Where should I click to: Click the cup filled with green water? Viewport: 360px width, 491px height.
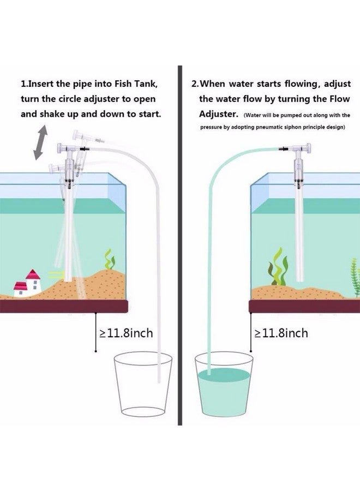(x=223, y=388)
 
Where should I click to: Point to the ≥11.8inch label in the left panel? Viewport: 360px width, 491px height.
(x=125, y=332)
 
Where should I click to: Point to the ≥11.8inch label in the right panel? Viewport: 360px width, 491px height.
(x=280, y=332)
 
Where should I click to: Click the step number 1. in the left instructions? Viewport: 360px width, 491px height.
(x=25, y=85)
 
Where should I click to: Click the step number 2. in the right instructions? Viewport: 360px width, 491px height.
(x=195, y=85)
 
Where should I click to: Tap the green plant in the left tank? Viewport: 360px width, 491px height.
(x=111, y=259)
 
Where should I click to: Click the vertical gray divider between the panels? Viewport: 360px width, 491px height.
(x=179, y=245)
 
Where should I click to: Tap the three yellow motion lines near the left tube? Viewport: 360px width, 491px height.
(x=55, y=273)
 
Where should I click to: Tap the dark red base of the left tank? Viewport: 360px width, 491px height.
(x=65, y=306)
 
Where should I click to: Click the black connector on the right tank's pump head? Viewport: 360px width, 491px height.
(x=283, y=148)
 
